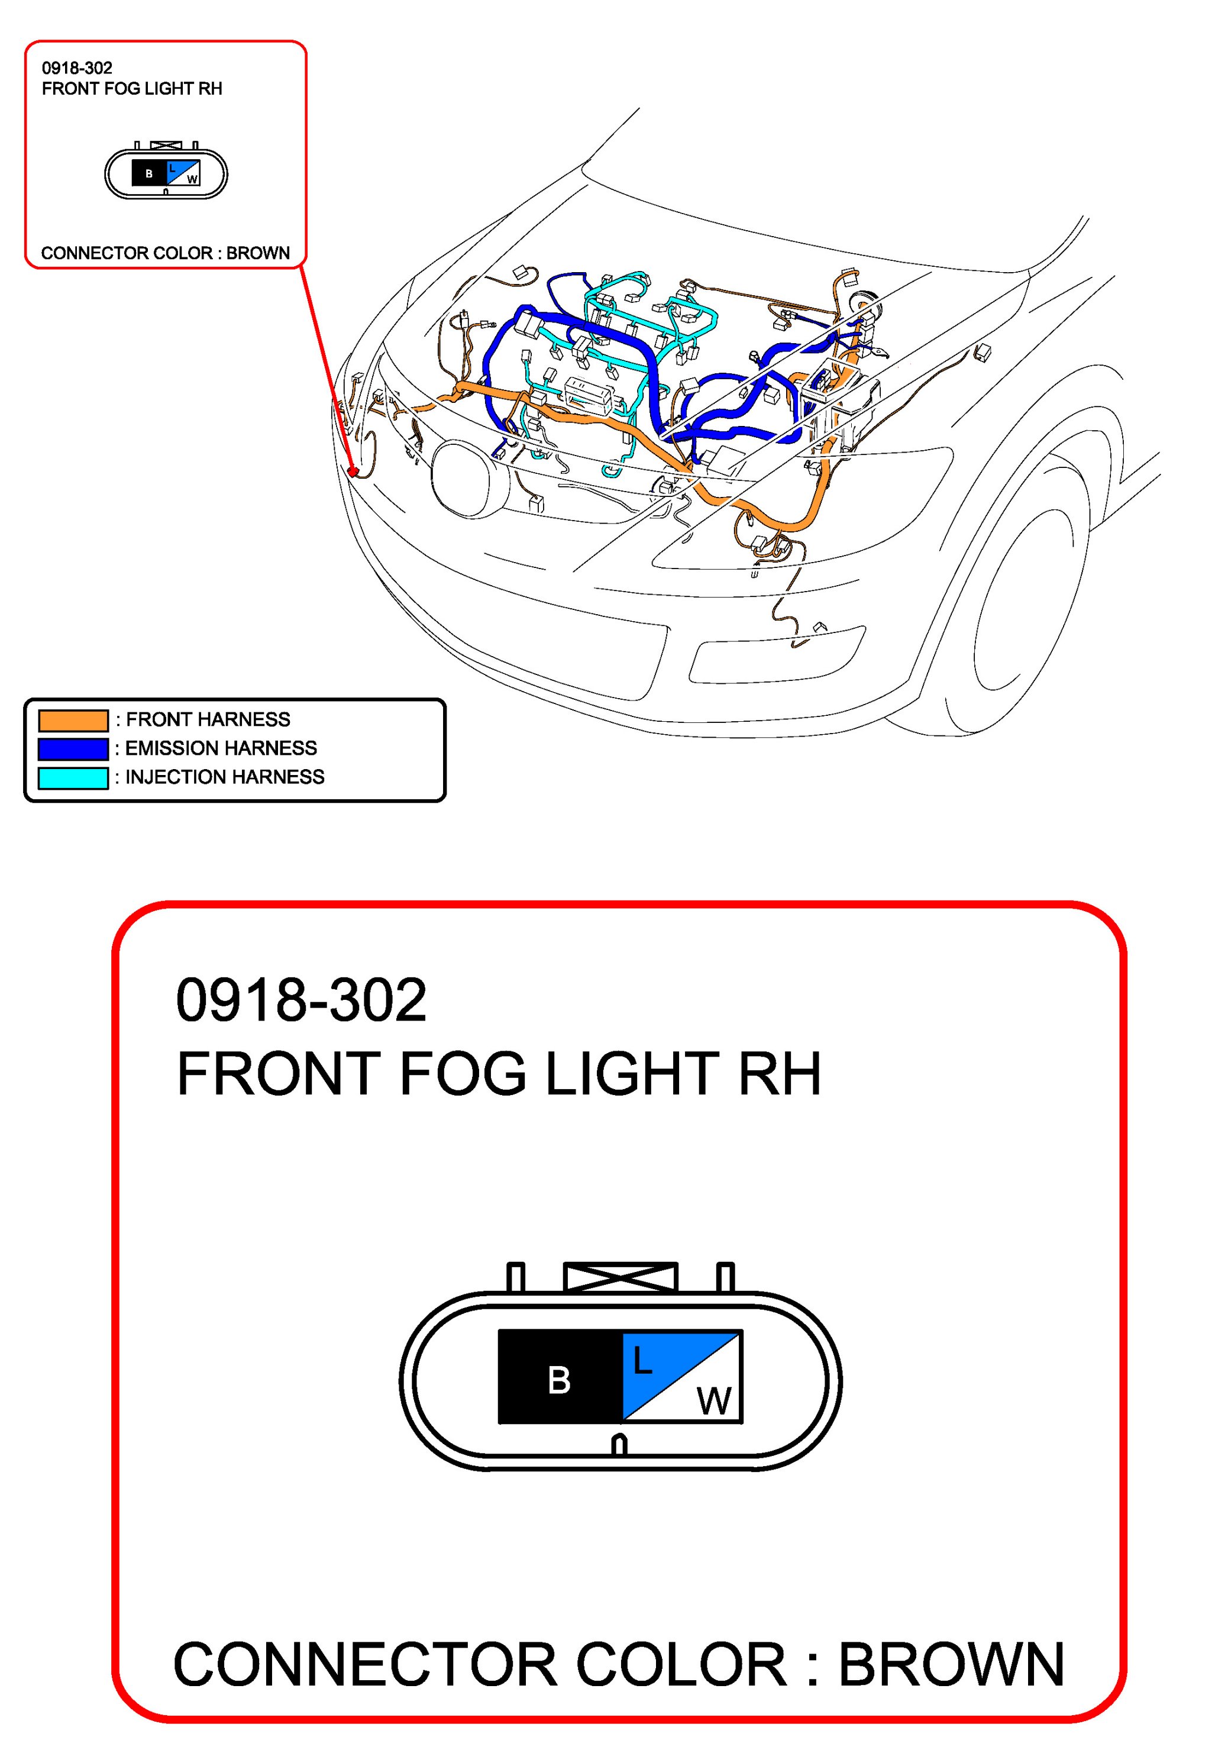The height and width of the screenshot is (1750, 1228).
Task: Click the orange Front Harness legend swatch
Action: (73, 720)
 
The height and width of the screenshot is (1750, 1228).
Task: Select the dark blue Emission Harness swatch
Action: (73, 749)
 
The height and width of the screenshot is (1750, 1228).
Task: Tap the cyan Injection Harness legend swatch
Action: (73, 778)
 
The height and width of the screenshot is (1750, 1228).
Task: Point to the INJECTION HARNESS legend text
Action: (225, 777)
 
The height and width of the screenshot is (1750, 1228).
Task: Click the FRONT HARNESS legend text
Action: (208, 719)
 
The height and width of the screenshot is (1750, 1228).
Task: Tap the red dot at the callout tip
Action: (352, 472)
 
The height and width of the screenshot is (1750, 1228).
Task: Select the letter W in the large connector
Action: (713, 1400)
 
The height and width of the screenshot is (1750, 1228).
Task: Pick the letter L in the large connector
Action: (642, 1361)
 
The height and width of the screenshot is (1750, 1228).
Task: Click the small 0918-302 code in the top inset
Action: (77, 68)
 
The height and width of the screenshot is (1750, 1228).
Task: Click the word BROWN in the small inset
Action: (258, 253)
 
